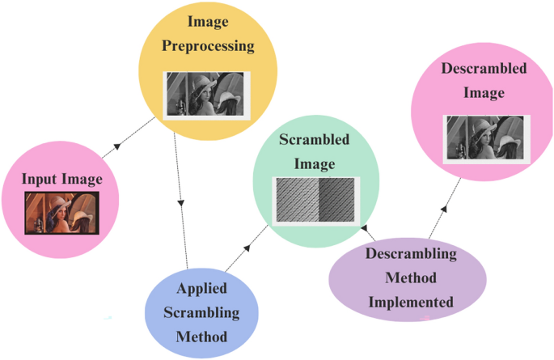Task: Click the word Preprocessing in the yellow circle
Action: point(208,45)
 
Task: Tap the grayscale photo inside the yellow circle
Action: point(207,95)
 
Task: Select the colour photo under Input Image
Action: point(61,213)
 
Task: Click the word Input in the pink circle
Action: point(39,179)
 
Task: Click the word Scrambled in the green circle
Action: point(315,139)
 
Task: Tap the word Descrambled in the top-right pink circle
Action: point(484,69)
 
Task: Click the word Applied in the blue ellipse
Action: point(201,288)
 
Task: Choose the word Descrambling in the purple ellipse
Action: point(411,254)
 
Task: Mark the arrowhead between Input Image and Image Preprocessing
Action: point(117,146)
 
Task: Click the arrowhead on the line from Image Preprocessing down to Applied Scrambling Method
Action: point(181,201)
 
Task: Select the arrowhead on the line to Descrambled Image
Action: point(443,209)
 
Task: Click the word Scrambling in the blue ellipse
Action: point(201,311)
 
